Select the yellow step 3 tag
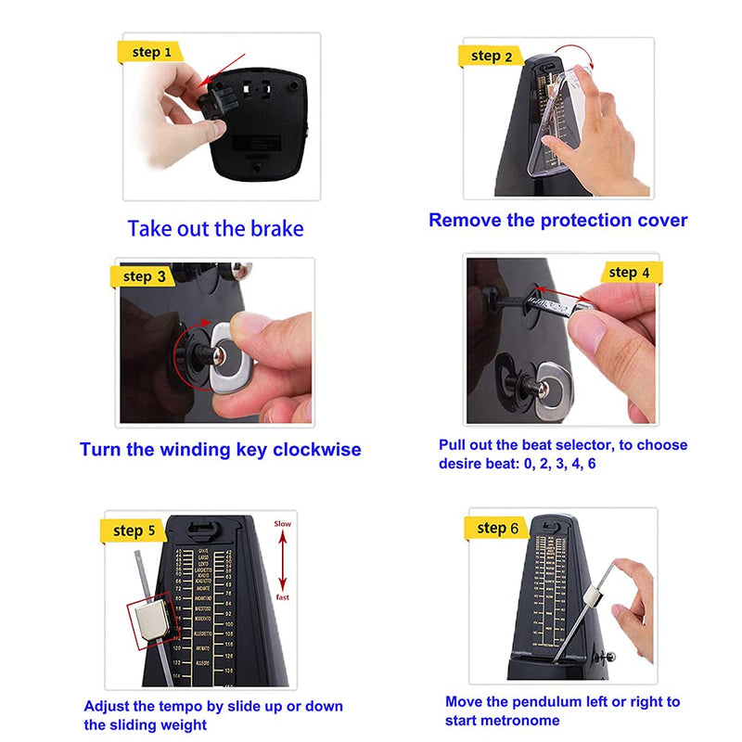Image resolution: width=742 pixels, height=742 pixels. click(x=143, y=276)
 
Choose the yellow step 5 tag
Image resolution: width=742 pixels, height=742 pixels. click(x=133, y=531)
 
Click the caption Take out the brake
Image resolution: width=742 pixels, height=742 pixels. click(x=215, y=228)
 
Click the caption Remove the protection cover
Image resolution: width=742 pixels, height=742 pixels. click(x=557, y=221)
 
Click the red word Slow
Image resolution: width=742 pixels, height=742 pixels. click(x=282, y=524)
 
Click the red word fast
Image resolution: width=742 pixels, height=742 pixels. click(x=283, y=597)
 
